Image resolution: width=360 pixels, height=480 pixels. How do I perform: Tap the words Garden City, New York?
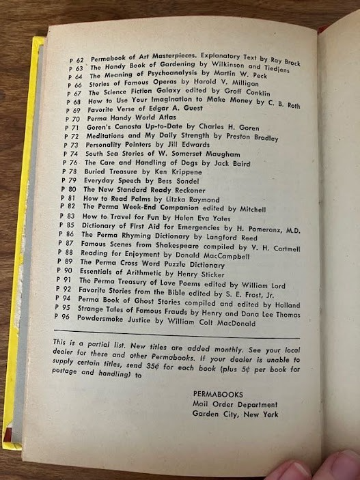tap(235, 414)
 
